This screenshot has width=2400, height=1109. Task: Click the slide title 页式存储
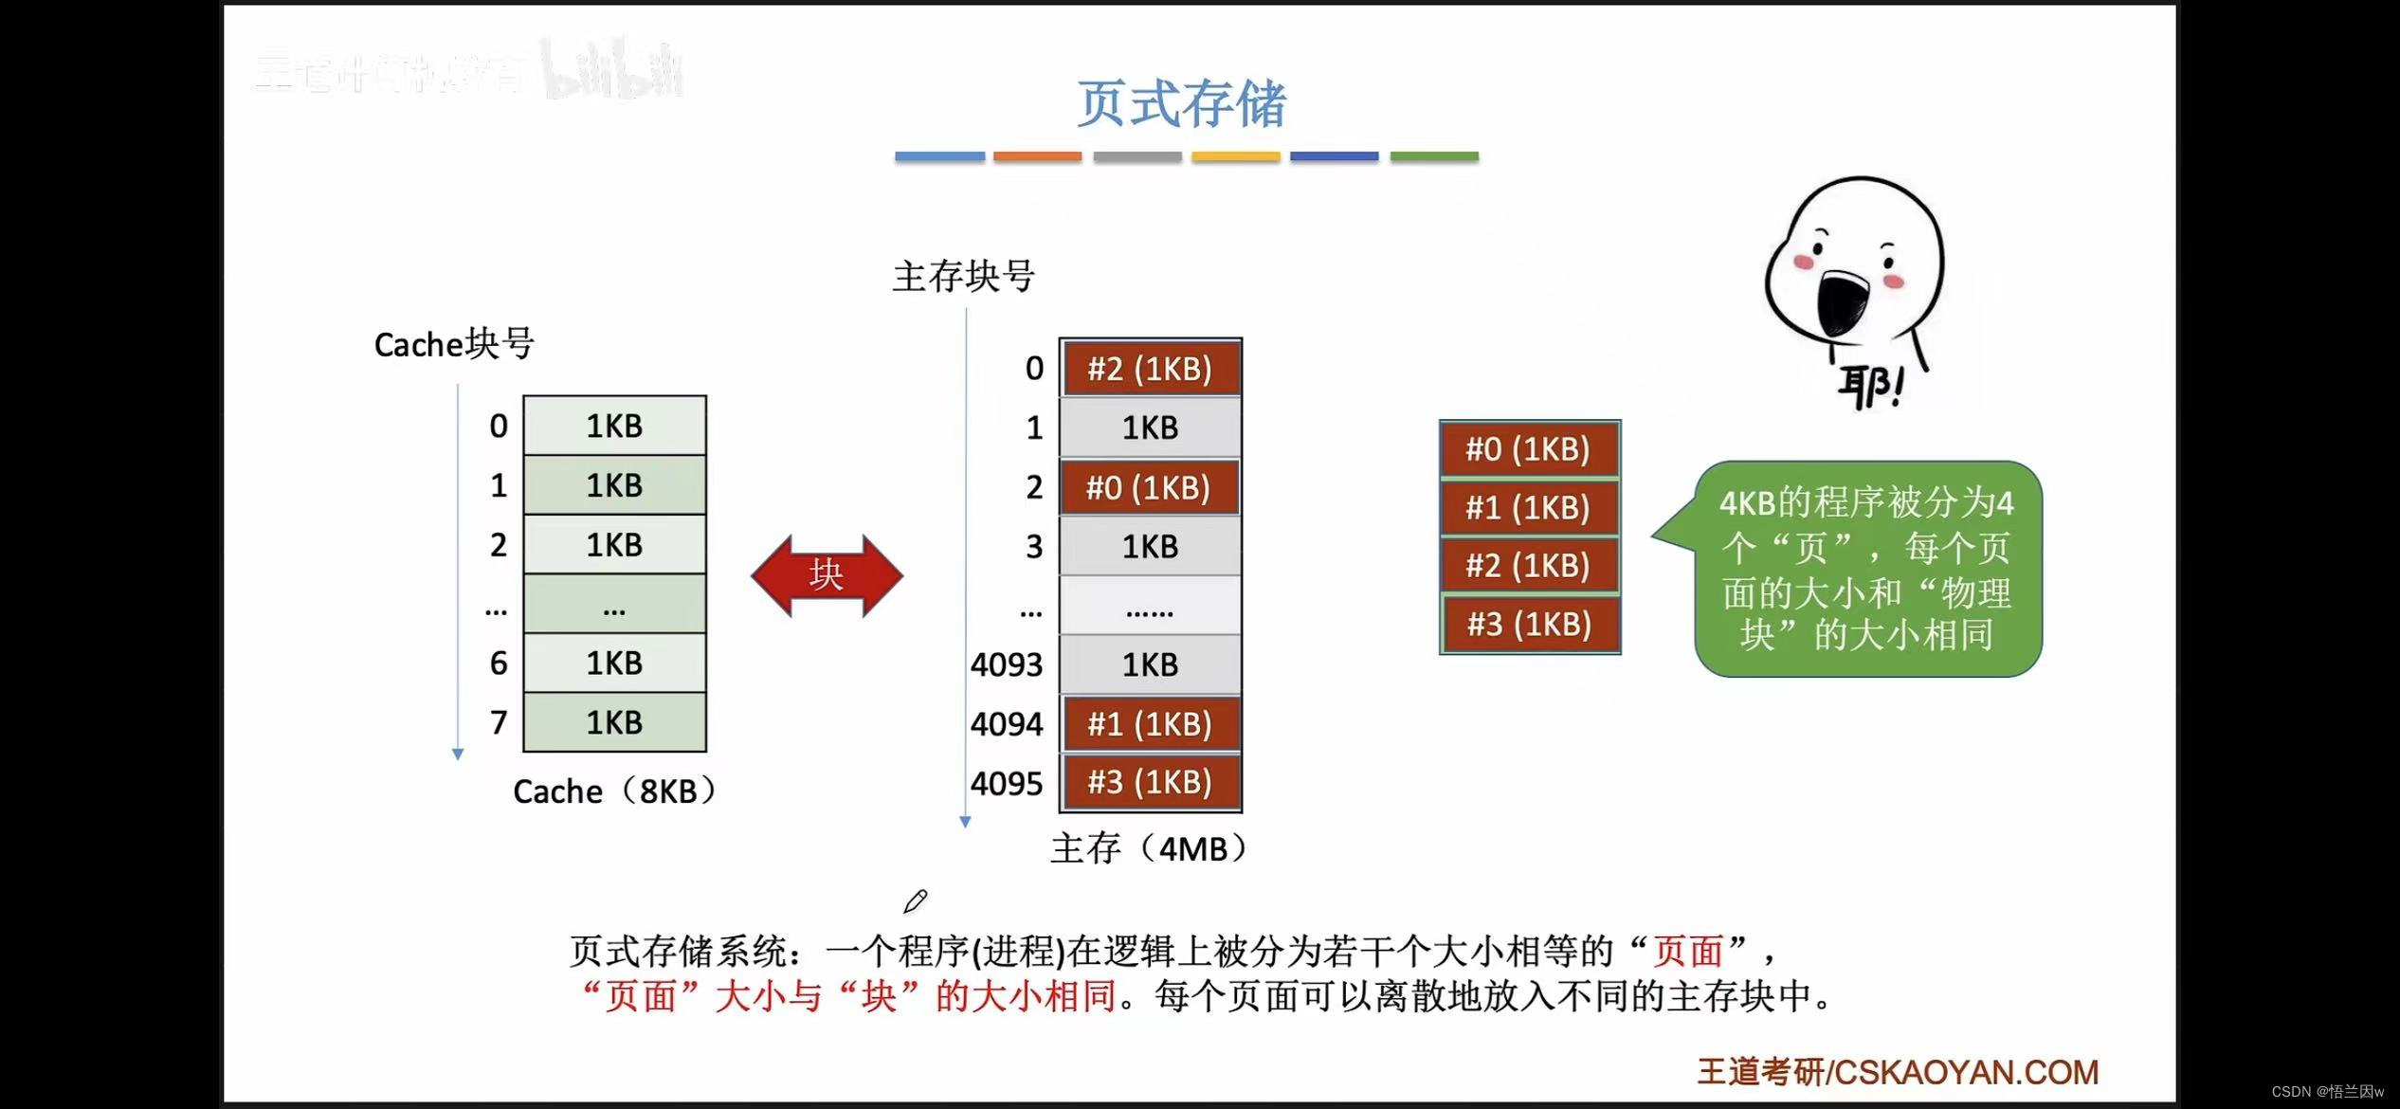(1181, 103)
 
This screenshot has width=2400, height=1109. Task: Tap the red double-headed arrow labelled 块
(827, 575)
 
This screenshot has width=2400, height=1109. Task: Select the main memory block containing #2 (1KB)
(1150, 368)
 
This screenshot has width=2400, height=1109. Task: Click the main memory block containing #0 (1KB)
(1150, 487)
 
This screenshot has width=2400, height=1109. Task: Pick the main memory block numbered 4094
(1150, 724)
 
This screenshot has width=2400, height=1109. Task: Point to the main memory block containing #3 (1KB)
(1150, 783)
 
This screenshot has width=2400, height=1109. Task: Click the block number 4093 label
(1006, 665)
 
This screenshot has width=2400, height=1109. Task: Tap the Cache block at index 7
(614, 723)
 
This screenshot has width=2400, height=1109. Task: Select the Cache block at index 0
(614, 427)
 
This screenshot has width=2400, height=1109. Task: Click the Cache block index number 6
(499, 664)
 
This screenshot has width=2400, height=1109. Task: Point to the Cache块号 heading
(454, 344)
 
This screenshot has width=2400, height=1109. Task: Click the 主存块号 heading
(963, 277)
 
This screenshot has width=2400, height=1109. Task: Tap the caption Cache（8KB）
(614, 791)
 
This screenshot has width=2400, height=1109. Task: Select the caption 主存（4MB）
(1149, 848)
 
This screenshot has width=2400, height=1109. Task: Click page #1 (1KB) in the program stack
(1528, 508)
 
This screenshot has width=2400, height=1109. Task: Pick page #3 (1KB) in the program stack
(1529, 625)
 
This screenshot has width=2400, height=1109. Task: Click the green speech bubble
(1867, 569)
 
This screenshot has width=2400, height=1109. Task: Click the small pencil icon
(916, 900)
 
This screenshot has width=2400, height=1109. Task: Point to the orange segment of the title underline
(1037, 156)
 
